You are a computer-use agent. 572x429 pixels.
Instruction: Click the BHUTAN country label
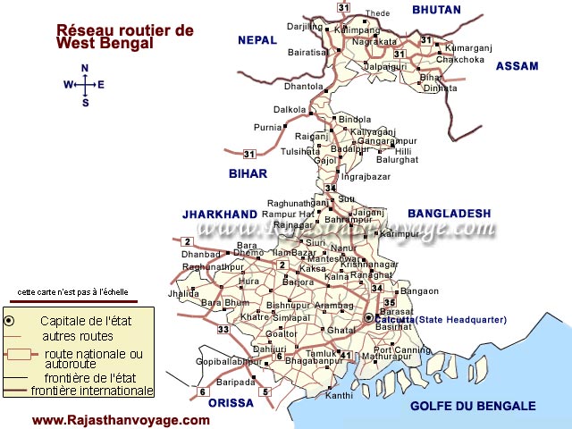click(436, 11)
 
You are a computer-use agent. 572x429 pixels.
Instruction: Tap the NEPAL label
click(257, 40)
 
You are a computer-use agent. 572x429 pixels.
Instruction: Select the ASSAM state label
click(517, 66)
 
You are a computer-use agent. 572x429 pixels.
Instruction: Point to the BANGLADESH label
click(450, 213)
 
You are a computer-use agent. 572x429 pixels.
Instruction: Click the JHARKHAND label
click(220, 214)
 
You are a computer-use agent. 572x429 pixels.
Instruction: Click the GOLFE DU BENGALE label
click(473, 406)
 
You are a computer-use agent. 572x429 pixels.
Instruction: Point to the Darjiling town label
click(304, 27)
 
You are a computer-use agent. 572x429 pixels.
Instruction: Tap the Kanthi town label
click(340, 395)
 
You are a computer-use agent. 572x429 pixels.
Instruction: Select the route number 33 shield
click(223, 330)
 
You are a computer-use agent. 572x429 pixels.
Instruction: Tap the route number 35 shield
click(389, 303)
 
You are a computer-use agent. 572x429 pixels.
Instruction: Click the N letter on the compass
click(85, 69)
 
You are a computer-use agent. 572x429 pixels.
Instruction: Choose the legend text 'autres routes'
click(78, 336)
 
